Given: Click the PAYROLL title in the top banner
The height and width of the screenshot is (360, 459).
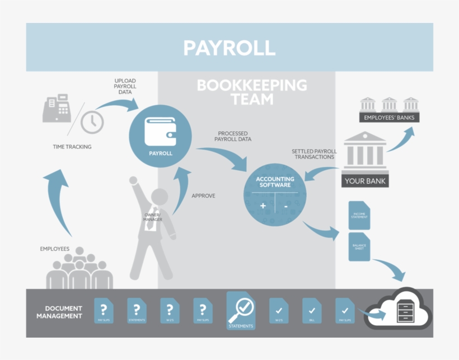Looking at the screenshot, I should [x=230, y=48].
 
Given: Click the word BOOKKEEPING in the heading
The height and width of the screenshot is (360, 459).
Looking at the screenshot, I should [x=252, y=86].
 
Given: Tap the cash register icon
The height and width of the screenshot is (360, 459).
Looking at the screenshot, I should [x=57, y=108].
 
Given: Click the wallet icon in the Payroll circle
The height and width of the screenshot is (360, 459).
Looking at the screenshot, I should [x=161, y=130].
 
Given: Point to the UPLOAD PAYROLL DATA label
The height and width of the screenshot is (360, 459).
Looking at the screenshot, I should [x=125, y=87].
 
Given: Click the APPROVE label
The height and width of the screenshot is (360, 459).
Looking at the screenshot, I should [x=203, y=196].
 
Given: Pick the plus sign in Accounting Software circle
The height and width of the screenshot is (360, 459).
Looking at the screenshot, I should [x=263, y=206].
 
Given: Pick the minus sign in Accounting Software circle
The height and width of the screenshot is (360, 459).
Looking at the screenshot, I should [x=285, y=206].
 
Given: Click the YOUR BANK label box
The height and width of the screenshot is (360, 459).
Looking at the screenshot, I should [x=365, y=181].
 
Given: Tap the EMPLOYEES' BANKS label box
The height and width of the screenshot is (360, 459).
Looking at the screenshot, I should [x=389, y=118].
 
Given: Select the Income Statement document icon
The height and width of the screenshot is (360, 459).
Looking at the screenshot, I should [x=359, y=215].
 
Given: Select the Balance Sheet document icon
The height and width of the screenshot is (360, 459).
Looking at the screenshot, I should [x=359, y=247].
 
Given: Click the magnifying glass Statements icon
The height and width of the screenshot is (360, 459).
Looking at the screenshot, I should [x=241, y=311].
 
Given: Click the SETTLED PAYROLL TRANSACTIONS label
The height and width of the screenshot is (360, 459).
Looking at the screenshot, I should [x=313, y=154].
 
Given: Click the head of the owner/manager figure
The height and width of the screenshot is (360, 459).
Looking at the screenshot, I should [x=160, y=198].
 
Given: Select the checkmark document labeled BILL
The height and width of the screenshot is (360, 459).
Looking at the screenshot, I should [x=312, y=311].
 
